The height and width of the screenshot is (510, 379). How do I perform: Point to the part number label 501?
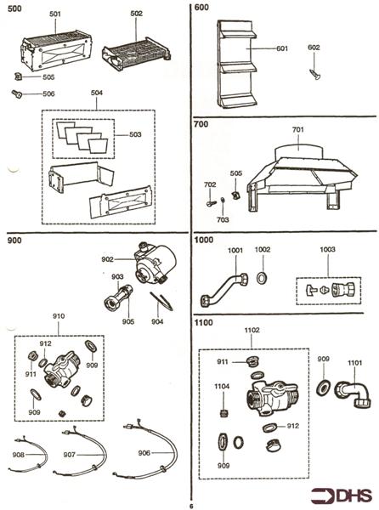55,15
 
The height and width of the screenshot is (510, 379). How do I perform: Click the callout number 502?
136,14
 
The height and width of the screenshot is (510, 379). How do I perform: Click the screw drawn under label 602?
314,75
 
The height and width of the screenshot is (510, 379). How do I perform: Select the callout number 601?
282,48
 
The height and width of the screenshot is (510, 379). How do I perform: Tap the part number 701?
297,130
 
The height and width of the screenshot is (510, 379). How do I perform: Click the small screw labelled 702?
209,202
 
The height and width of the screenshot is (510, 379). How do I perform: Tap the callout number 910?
59,316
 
